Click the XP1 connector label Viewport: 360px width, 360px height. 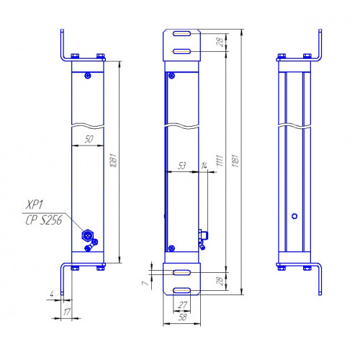(35, 205)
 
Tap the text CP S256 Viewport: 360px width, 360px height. (44, 220)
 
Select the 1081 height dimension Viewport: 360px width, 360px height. (113, 161)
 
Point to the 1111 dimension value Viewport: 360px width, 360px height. (220, 161)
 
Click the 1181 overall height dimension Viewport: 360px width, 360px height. (235, 161)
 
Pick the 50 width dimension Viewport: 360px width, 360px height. (89, 139)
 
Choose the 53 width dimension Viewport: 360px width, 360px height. (182, 166)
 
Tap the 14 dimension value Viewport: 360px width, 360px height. (204, 166)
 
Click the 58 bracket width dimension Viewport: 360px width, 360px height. (182, 318)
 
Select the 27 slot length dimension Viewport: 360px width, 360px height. (182, 305)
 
